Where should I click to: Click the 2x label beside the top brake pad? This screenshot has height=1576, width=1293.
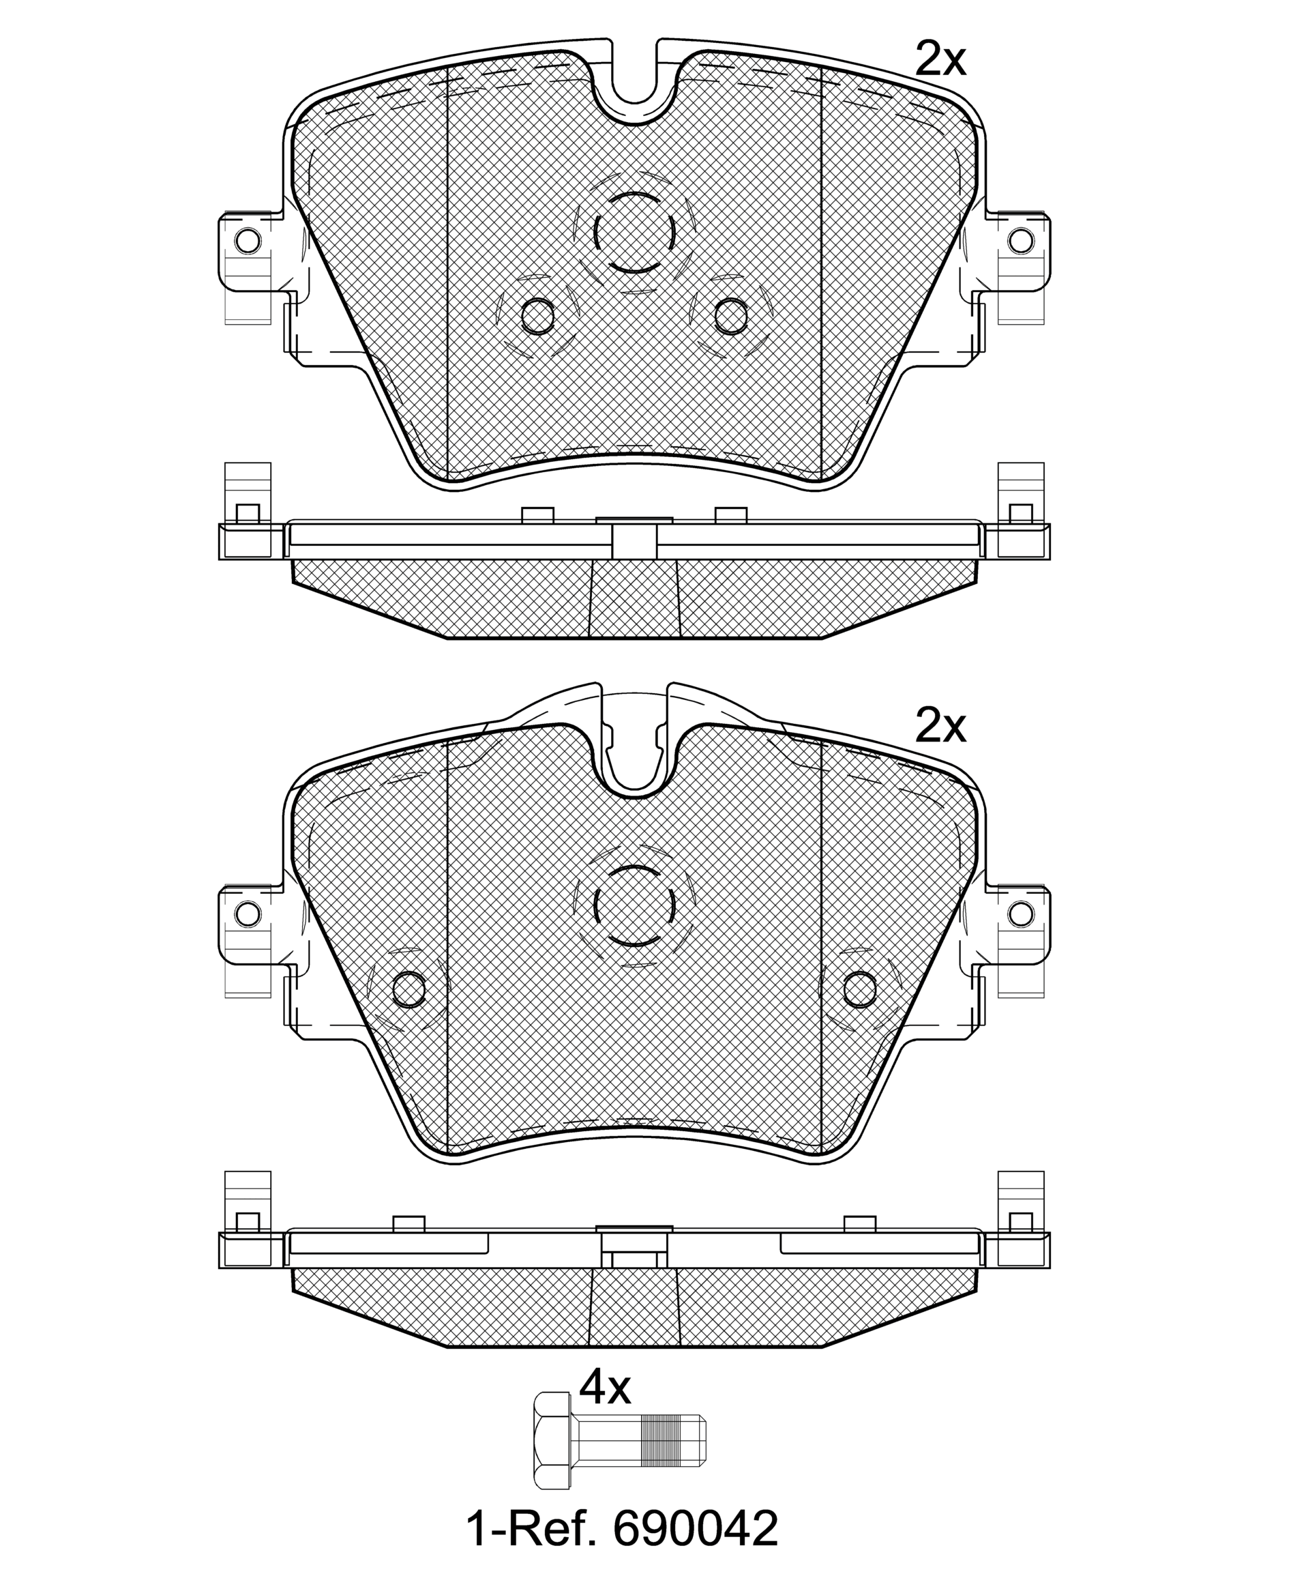[x=940, y=60]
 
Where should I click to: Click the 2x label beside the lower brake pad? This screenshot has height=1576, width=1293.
[x=940, y=727]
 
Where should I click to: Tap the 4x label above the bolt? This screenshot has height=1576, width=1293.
[x=605, y=1388]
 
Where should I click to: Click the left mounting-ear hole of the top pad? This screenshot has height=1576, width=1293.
[x=248, y=241]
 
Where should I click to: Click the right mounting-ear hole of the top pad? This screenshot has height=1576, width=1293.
[x=1021, y=241]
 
